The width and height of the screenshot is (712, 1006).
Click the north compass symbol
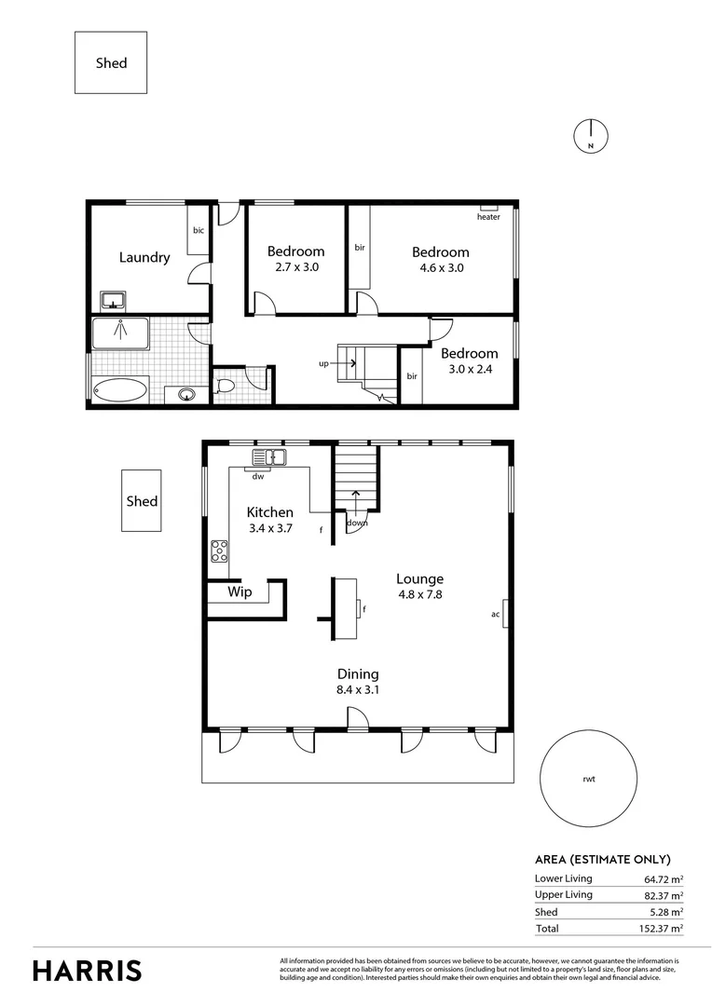coord(590,136)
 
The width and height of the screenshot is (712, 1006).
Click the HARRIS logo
coord(88,970)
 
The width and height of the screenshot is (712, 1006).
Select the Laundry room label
coord(144,257)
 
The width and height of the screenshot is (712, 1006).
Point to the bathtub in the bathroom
coord(119,389)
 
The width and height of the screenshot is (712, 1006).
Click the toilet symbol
coord(225,386)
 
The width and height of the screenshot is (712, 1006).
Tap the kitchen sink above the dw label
coord(270,457)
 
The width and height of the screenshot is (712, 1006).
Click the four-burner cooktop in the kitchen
coord(219,551)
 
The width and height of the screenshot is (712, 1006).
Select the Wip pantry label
coord(240,591)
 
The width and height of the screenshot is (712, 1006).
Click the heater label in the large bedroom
coord(488,217)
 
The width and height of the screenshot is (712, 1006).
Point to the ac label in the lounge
coord(496,614)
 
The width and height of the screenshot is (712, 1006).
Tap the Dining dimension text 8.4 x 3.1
coord(358,690)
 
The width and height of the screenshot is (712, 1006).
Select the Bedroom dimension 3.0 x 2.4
coord(469,369)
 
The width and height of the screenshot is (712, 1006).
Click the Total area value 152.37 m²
coord(664,929)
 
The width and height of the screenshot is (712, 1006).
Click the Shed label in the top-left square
coord(111,63)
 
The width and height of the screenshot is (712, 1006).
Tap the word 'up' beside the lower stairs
coord(323,363)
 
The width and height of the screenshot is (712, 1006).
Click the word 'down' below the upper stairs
coord(357,523)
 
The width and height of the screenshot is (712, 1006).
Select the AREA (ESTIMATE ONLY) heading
coord(602,860)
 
